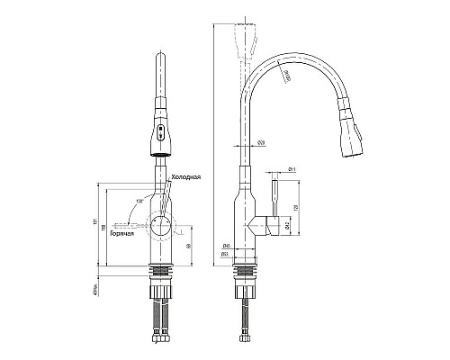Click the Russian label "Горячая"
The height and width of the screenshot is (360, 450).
coord(122,234)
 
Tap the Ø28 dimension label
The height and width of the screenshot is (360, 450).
coord(259,143)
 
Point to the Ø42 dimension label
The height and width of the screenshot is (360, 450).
coord(286,224)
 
